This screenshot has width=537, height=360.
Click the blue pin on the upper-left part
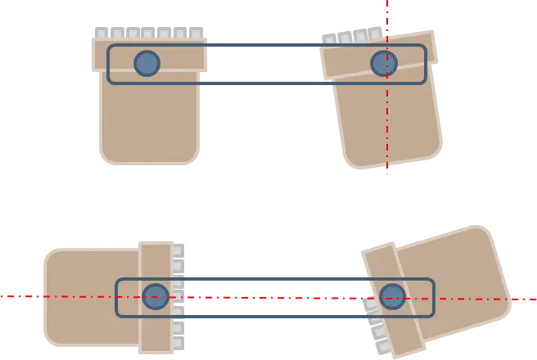(147, 63)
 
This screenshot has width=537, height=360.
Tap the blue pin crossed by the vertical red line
(383, 63)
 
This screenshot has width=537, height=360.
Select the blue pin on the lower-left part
(156, 296)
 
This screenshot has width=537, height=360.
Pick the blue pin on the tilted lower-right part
(392, 296)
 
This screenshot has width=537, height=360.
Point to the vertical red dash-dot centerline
(388, 123)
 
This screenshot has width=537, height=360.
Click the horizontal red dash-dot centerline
(65, 296)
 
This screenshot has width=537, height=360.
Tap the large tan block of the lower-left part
(86, 296)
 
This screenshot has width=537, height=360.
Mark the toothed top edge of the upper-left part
(147, 34)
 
